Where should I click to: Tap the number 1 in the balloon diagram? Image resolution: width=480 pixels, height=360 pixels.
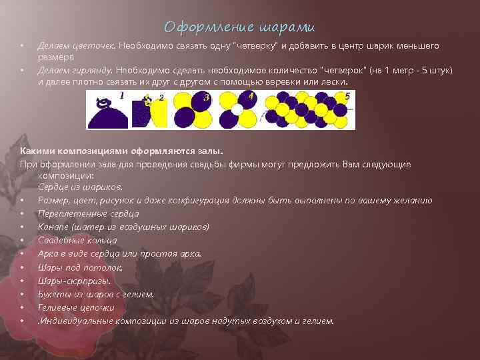tap(122, 95)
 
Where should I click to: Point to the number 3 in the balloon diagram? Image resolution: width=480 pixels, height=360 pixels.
tap(207, 97)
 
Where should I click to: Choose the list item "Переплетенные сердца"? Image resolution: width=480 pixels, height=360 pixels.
tap(89, 213)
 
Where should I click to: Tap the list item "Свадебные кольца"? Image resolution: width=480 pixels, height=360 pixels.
tap(77, 240)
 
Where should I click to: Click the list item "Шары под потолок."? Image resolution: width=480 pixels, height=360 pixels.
tap(80, 267)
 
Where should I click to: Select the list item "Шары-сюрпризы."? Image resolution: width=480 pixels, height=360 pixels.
tap(75, 281)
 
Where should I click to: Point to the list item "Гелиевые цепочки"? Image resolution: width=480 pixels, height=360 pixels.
tap(76, 307)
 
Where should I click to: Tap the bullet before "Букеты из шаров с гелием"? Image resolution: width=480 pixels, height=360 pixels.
tap(23, 295)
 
